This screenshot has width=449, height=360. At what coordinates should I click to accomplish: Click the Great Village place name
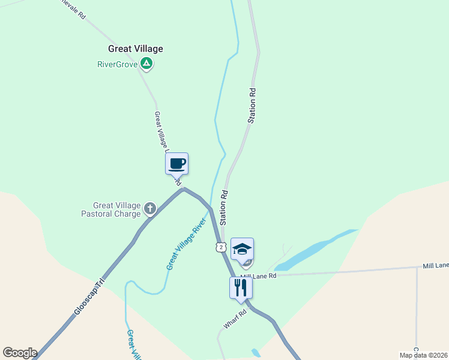135,49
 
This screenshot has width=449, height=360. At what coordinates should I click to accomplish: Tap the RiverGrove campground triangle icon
146,63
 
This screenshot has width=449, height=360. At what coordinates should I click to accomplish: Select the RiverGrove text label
118,64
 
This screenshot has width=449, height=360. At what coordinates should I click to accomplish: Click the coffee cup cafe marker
176,163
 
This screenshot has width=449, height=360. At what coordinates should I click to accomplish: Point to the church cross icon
149,209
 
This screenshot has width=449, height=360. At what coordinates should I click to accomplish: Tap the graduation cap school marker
242,249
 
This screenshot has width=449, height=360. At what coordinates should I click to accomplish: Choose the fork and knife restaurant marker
241,287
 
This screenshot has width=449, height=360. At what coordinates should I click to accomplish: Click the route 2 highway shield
221,247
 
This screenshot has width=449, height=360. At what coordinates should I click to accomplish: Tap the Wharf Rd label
235,319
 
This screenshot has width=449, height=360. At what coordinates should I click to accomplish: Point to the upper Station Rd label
253,106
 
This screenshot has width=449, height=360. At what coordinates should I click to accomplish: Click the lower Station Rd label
224,208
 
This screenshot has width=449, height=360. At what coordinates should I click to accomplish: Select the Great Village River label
186,244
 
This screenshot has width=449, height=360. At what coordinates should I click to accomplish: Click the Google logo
20,353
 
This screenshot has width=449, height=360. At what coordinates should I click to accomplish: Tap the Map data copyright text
423,355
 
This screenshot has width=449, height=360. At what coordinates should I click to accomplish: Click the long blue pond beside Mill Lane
312,249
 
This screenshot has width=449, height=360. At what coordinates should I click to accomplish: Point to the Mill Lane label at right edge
435,265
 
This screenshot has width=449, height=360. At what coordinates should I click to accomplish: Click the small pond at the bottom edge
256,353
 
